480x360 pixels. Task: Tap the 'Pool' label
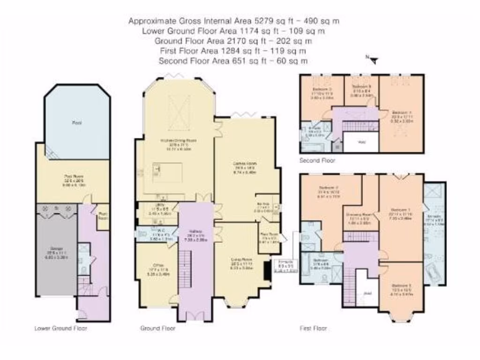pos(77,123)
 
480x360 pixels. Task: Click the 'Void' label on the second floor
pos(361,141)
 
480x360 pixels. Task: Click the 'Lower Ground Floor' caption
pos(61,328)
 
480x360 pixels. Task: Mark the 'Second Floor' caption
pos(318,160)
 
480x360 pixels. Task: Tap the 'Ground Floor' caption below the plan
pos(158,328)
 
